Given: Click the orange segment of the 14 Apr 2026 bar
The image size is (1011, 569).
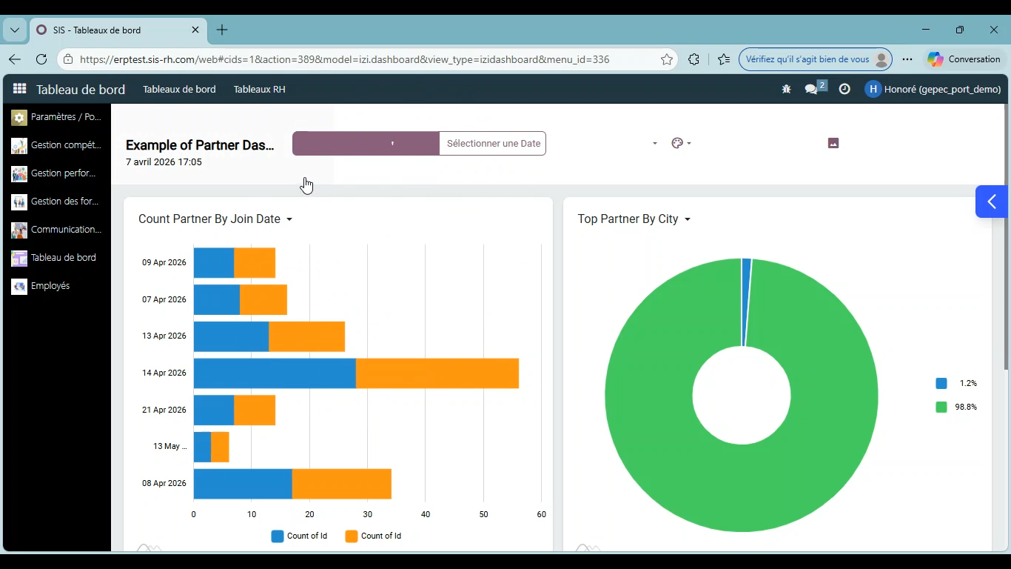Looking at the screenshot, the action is click(x=437, y=373).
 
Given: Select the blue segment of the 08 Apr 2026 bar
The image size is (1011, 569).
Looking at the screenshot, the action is click(x=243, y=484).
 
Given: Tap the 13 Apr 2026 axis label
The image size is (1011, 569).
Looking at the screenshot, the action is click(x=164, y=336).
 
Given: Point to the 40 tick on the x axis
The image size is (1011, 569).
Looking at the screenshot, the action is click(x=426, y=514).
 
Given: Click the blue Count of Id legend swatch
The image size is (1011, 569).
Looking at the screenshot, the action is click(x=277, y=536).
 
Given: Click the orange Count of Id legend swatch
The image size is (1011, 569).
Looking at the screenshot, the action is click(x=351, y=536).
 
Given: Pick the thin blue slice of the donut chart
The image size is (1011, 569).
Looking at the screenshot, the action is click(x=746, y=302).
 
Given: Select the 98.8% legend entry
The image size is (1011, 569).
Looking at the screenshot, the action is click(x=956, y=407).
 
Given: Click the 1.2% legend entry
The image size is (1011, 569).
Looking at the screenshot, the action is click(x=956, y=383).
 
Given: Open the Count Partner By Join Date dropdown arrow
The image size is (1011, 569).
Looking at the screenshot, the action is click(x=289, y=219).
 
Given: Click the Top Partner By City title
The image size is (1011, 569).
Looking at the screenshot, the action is click(x=628, y=219).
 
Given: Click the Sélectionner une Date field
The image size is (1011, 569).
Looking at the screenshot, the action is click(x=493, y=143).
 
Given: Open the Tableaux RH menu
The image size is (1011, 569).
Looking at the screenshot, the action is click(x=259, y=90).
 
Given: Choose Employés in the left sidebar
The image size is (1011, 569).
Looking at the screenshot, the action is click(x=50, y=286).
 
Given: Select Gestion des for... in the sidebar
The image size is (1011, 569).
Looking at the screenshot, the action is click(x=64, y=202).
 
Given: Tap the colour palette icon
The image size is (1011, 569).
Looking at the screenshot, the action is click(x=677, y=143).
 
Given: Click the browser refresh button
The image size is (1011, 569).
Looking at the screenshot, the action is click(x=41, y=59).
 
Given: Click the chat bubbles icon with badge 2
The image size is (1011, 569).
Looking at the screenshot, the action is click(x=811, y=89).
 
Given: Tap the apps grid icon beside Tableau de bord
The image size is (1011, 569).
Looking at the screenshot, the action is click(x=19, y=89).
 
